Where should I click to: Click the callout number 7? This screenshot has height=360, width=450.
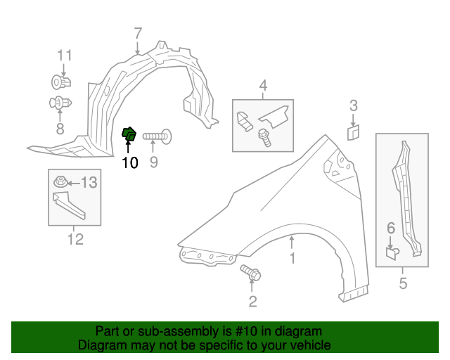pyautogui.click(x=138, y=32)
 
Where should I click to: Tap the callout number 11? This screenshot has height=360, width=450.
pyautogui.click(x=65, y=56)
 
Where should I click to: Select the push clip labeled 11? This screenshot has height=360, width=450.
pyautogui.click(x=60, y=82)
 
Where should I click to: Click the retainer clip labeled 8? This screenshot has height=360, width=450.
pyautogui.click(x=60, y=104)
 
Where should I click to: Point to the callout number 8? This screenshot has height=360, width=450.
pyautogui.click(x=60, y=129)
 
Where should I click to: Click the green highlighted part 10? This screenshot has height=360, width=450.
pyautogui.click(x=129, y=134)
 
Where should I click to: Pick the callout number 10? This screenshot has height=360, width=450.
pyautogui.click(x=129, y=163)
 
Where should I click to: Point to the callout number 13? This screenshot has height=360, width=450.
pyautogui.click(x=89, y=184)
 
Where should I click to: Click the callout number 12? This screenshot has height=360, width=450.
pyautogui.click(x=75, y=239)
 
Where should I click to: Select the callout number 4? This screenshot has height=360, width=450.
pyautogui.click(x=263, y=86)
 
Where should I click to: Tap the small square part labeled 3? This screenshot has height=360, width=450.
pyautogui.click(x=354, y=131)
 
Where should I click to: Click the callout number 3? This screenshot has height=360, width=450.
pyautogui.click(x=354, y=106)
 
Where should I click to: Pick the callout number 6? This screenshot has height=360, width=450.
pyautogui.click(x=392, y=227)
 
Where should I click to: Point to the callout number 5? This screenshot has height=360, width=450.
pyautogui.click(x=403, y=284)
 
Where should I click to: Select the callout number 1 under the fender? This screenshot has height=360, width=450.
pyautogui.click(x=292, y=259)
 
